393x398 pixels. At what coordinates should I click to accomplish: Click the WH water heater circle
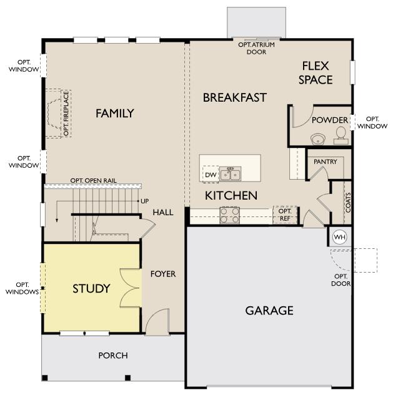340,237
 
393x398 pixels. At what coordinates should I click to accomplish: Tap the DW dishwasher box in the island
211,175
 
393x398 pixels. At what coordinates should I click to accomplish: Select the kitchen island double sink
231,173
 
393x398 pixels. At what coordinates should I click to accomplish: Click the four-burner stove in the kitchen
229,215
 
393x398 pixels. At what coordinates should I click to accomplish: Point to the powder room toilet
341,135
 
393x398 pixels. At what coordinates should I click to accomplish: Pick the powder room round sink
318,139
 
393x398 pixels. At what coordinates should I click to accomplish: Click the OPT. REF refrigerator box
285,215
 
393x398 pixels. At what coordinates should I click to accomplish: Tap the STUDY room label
91,289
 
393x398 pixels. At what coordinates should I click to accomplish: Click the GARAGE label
269,311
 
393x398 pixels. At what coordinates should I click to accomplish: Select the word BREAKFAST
235,97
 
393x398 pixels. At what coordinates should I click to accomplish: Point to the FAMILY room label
114,113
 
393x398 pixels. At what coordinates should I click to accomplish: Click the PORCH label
113,356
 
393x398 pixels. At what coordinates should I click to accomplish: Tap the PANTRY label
325,162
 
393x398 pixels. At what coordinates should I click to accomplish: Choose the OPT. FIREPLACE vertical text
66,114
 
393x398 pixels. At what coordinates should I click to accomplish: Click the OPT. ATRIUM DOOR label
257,48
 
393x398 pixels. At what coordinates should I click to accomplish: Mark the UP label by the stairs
145,201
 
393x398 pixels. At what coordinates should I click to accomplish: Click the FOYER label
163,274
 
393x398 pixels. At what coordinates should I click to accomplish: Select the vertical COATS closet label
348,203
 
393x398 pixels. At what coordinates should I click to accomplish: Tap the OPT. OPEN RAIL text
93,180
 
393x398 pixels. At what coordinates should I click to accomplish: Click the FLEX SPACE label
316,73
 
